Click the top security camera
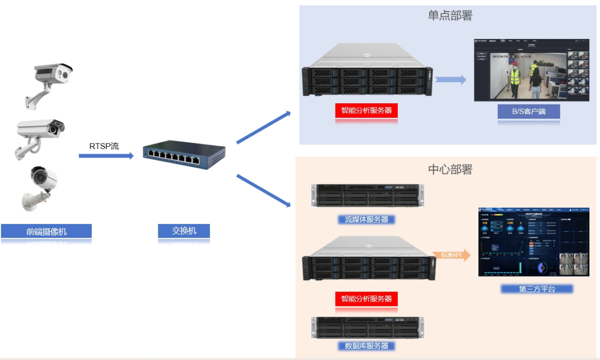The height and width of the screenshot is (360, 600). click(49, 81)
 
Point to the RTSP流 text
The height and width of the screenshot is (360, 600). click(104, 146)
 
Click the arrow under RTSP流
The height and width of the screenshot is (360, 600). click(106, 156)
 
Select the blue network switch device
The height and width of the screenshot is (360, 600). click(184, 154)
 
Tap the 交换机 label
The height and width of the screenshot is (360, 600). click(184, 231)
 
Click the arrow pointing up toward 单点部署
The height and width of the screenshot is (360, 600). click(263, 127)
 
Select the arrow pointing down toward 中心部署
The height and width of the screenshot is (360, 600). click(263, 191)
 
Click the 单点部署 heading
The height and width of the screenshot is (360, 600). click(449, 16)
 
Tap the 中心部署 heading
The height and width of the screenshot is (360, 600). click(449, 169)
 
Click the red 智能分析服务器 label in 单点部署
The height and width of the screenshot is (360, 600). click(367, 110)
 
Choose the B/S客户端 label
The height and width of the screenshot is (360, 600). click(528, 111)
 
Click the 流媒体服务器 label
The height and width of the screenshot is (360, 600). click(367, 219)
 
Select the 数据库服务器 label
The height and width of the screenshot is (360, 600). click(367, 346)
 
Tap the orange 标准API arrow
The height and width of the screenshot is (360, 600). click(452, 255)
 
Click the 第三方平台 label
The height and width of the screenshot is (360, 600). click(537, 289)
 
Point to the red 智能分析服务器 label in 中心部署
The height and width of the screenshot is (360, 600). click(367, 298)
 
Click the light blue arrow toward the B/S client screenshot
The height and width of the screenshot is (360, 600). click(451, 80)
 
